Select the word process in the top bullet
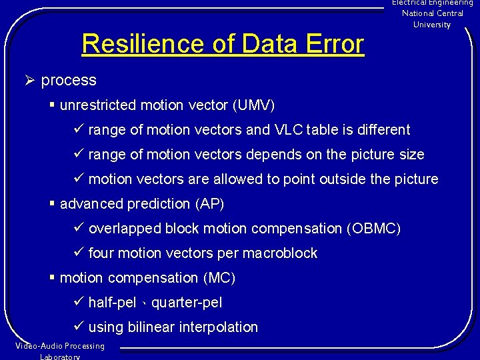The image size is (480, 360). click(69, 81)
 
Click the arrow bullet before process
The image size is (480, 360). click(29, 81)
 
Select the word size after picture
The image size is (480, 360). click(412, 155)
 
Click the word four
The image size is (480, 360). click(101, 253)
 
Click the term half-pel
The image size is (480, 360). click(112, 303)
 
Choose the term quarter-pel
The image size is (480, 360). click(187, 303)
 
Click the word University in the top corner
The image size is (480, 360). click(432, 25)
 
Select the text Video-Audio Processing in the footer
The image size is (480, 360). click(60, 346)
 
